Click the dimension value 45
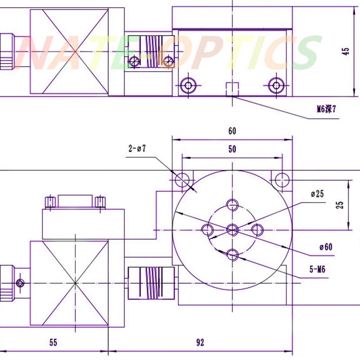click(346, 50)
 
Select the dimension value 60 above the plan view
click(232, 131)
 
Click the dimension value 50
click(232, 150)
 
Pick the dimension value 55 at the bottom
click(53, 342)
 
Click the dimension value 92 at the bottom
click(200, 342)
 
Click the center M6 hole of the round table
click(232, 230)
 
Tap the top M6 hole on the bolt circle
click(232, 205)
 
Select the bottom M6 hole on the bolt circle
click(232, 255)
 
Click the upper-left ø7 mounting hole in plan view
click(182, 179)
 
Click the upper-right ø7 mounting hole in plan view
click(283, 179)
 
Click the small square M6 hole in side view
click(232, 89)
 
